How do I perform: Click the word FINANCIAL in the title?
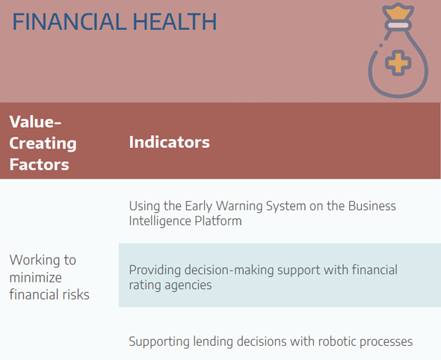(70, 22)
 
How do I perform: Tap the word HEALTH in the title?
(175, 22)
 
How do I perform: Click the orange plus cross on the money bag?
(398, 63)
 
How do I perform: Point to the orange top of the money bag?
(398, 13)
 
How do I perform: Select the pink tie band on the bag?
(398, 25)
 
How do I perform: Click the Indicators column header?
(170, 142)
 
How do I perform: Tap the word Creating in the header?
(43, 143)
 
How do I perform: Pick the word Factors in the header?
(39, 164)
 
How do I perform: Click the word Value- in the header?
(35, 122)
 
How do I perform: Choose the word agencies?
(188, 285)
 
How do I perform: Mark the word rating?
(145, 285)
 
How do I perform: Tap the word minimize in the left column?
(35, 277)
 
